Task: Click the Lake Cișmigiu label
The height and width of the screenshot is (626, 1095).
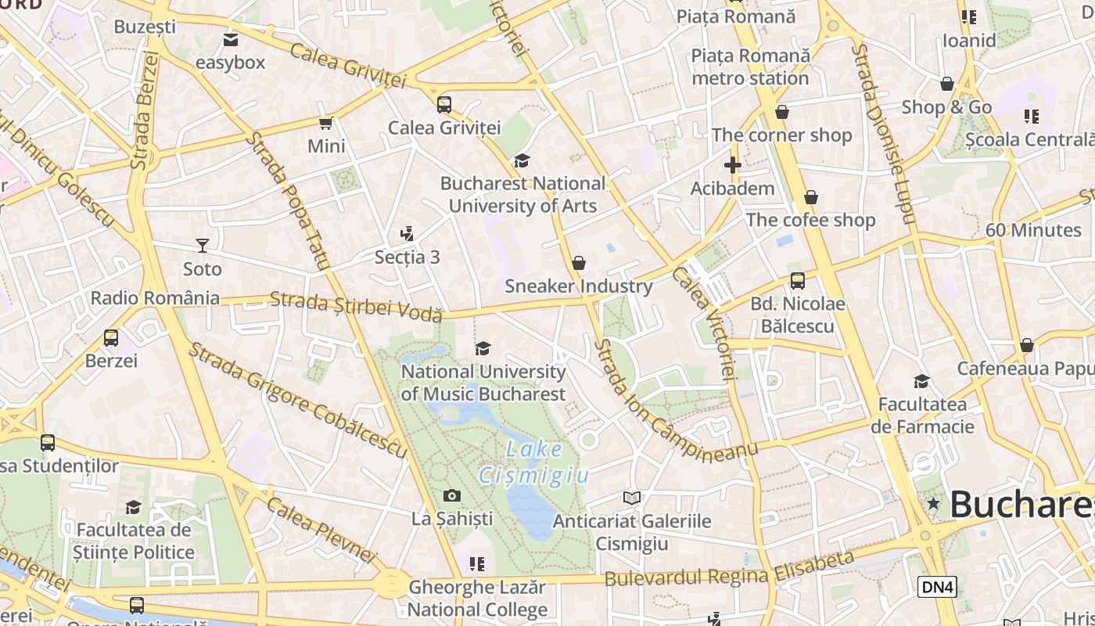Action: [x=533, y=462]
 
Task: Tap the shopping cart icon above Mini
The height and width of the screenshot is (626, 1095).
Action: [x=326, y=123]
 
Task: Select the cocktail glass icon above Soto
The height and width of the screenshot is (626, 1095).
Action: [x=203, y=246]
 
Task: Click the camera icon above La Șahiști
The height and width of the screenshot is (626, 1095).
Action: [x=452, y=495]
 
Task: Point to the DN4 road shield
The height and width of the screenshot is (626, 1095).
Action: [x=937, y=587]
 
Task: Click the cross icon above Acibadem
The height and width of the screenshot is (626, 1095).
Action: [x=732, y=165]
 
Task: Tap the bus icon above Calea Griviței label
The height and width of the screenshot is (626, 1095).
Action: [x=444, y=104]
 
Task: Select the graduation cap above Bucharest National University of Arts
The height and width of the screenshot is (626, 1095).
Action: [x=522, y=160]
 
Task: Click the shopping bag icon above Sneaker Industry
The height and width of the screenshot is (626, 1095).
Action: [x=579, y=263]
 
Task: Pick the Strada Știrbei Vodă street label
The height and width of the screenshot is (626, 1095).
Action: [x=356, y=306]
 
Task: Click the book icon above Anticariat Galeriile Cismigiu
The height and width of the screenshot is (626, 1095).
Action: [x=632, y=498]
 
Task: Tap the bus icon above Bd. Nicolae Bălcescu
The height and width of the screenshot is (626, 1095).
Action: [x=798, y=281]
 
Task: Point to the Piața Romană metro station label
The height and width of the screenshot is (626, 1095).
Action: [x=750, y=67]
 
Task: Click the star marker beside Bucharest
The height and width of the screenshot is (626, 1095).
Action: [x=933, y=504]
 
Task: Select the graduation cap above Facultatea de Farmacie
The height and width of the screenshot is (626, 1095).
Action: [x=922, y=381]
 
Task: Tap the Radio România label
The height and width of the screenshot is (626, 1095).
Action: [x=155, y=298]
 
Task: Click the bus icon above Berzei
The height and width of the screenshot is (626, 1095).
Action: [x=111, y=338]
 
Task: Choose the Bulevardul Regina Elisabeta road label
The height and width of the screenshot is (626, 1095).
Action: [x=729, y=570]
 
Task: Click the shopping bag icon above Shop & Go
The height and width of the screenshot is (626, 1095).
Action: [x=947, y=84]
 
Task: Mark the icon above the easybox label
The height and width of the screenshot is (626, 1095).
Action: [x=231, y=40]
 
